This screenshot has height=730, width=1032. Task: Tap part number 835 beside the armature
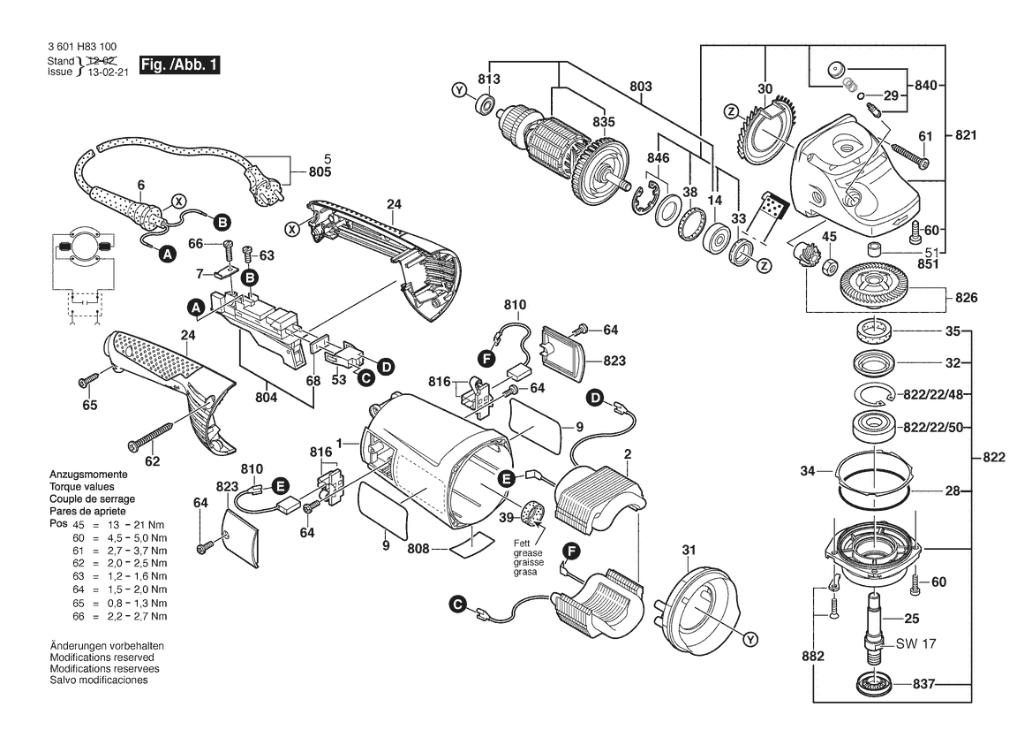pyautogui.click(x=603, y=122)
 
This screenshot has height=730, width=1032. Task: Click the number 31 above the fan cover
pyautogui.click(x=689, y=552)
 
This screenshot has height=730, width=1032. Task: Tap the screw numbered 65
pyautogui.click(x=87, y=380)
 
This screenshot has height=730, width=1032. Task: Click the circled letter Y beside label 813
pyautogui.click(x=457, y=90)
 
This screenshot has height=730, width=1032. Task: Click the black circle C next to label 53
pyautogui.click(x=365, y=376)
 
